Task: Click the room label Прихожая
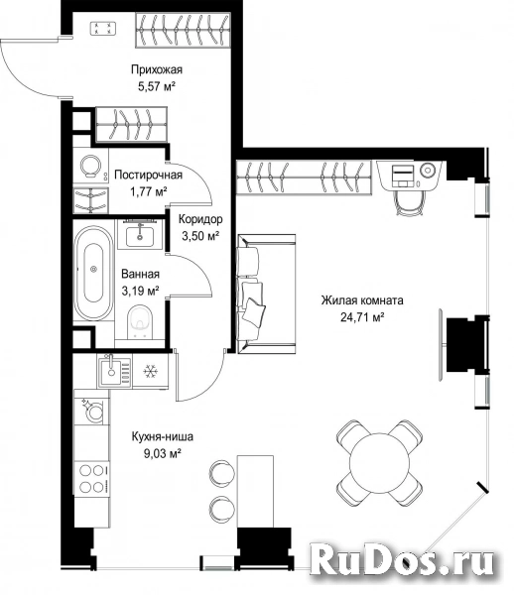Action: [157, 69]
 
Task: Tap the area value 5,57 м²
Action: [157, 87]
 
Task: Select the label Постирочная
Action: [149, 175]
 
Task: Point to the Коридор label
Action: [200, 219]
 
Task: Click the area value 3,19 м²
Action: [140, 291]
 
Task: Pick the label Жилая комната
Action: [362, 300]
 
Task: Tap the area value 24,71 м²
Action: [362, 317]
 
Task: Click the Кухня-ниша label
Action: [162, 436]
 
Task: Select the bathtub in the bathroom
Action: [93, 274]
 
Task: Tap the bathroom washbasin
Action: [140, 234]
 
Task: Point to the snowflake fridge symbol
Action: [150, 372]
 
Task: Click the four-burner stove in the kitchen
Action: [92, 478]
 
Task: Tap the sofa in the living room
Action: [266, 295]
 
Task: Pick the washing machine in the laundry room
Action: [91, 168]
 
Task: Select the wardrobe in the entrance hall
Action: [183, 30]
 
